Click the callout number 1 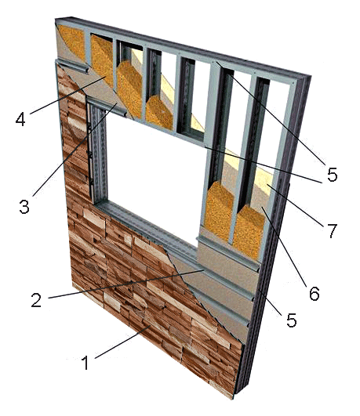coord(85,363)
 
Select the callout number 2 coord(36,300)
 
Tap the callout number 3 coord(24,206)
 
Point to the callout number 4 coord(20,119)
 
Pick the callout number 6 coord(315,294)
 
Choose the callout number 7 coord(331,230)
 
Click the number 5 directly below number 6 coord(291,320)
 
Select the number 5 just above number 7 coord(332,174)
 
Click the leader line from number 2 coord(126,284)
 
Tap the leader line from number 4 coord(68,95)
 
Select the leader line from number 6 coord(284,247)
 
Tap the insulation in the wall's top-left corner coord(72,40)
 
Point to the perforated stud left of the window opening coord(98,153)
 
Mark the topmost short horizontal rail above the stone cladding coord(71,66)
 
